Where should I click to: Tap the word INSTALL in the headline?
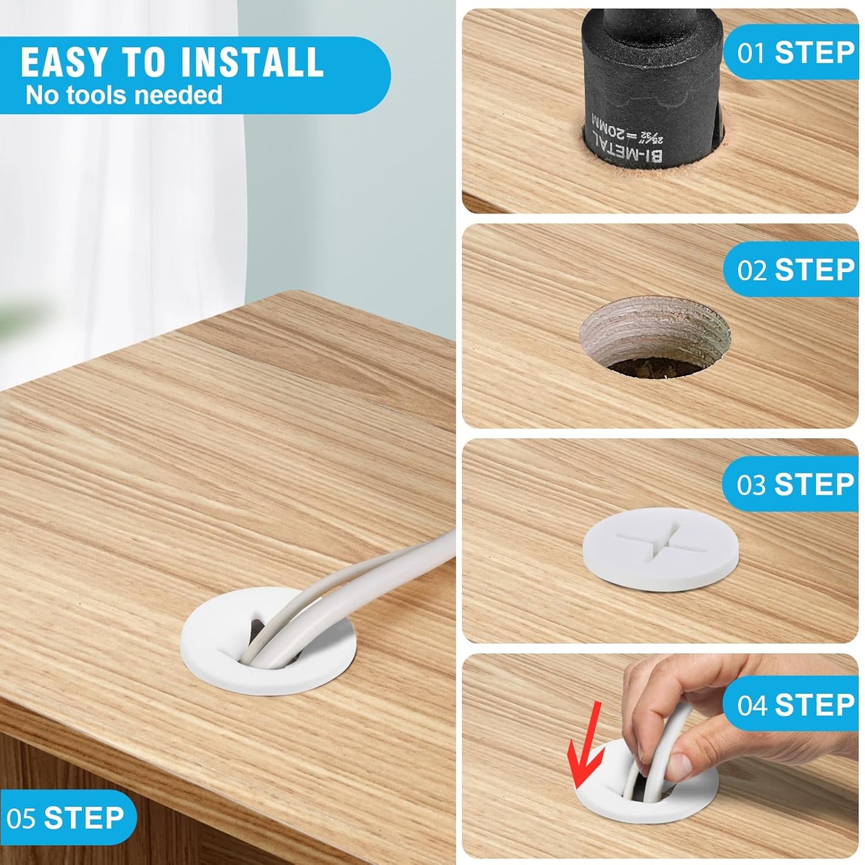coord(252,62)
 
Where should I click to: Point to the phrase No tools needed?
coord(124,96)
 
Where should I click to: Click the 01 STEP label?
coord(796,53)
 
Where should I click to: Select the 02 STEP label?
coord(796,270)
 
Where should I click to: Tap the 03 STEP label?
coord(796,484)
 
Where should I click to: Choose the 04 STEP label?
coord(796,705)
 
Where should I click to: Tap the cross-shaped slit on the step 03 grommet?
coord(660,539)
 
